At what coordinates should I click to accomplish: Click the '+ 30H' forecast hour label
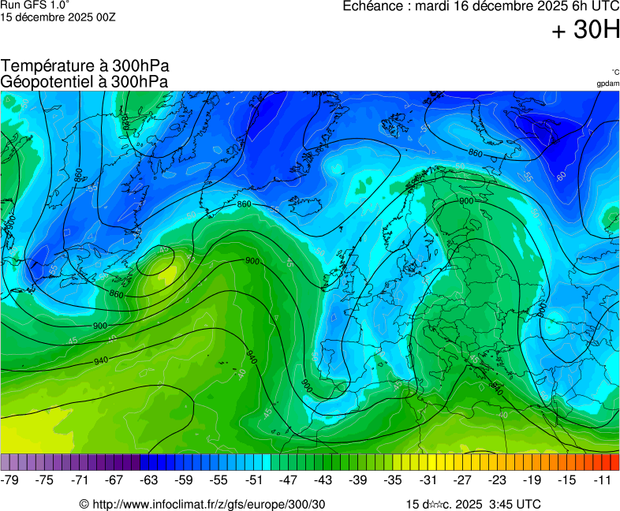[585, 31]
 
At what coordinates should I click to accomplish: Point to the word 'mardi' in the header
[434, 6]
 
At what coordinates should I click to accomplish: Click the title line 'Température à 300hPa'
[85, 66]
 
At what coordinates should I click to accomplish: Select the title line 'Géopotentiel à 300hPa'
[84, 81]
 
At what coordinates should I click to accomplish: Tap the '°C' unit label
[614, 73]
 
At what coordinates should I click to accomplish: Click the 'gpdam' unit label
[607, 84]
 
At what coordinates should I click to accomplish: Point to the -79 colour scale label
[11, 479]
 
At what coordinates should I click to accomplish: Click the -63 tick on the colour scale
[149, 479]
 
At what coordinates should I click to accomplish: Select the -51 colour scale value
[254, 479]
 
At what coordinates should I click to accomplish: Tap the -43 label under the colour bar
[323, 479]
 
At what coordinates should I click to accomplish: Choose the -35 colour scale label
[393, 479]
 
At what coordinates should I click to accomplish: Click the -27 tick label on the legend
[462, 479]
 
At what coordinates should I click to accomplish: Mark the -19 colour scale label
[532, 479]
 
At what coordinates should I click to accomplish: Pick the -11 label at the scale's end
[602, 479]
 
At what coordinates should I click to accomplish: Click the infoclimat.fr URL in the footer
[202, 504]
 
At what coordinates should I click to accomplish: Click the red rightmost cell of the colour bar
[614, 462]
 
